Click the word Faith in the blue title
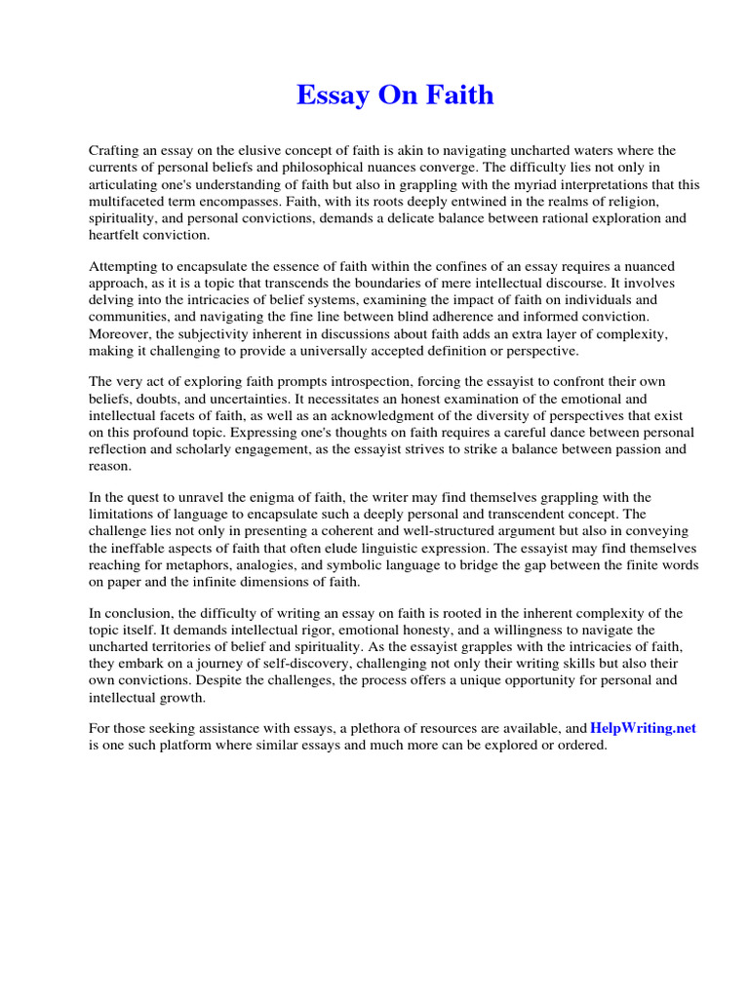point(462,96)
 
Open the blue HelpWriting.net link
point(643,729)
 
